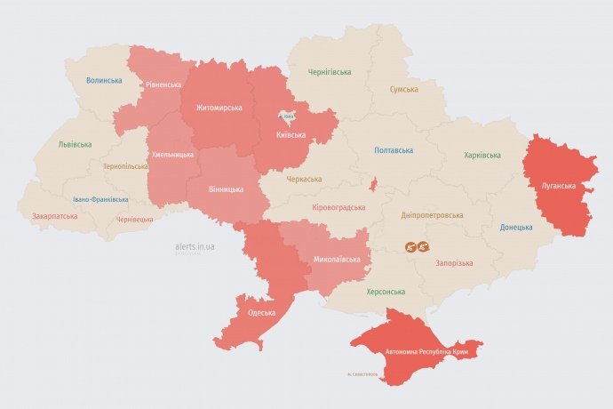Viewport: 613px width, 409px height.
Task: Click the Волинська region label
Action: click(104, 81)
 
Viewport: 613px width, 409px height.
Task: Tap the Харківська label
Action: click(482, 156)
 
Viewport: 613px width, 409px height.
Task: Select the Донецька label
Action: click(515, 227)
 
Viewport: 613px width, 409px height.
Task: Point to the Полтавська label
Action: click(394, 150)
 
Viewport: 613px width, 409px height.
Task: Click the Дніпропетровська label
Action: click(432, 215)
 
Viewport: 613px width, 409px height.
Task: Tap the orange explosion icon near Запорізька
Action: click(418, 247)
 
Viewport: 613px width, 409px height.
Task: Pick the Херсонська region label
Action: click(386, 292)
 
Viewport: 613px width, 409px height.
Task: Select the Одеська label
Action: click(262, 313)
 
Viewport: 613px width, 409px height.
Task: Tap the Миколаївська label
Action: click(338, 260)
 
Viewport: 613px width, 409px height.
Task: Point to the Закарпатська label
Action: click(55, 216)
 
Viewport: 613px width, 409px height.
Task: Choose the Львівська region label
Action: click(74, 144)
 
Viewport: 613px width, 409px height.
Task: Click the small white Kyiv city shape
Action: click(288, 116)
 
